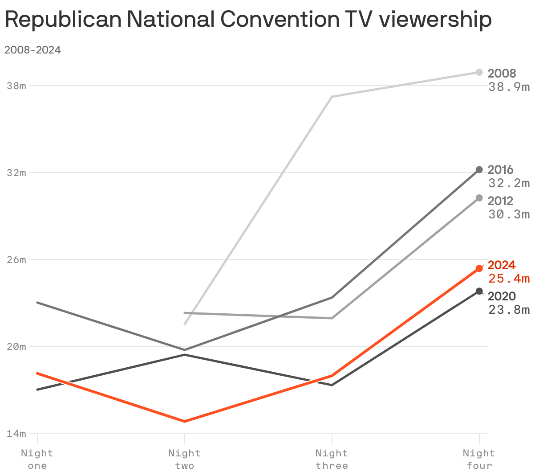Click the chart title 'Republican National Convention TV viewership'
248,20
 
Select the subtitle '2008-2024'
32,50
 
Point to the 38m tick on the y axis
16,86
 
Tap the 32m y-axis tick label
16,172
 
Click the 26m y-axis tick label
16,259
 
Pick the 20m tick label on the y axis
16,346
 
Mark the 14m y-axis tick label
16,433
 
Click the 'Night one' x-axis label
37,460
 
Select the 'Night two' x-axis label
184,460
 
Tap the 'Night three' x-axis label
332,460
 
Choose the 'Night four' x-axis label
479,460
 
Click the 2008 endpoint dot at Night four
479,72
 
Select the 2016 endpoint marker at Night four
479,170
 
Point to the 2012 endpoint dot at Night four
479,198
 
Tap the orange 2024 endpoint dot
479,268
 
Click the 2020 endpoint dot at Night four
479,291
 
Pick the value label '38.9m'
509,87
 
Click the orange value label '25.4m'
509,279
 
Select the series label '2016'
500,170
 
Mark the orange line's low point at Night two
184,421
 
